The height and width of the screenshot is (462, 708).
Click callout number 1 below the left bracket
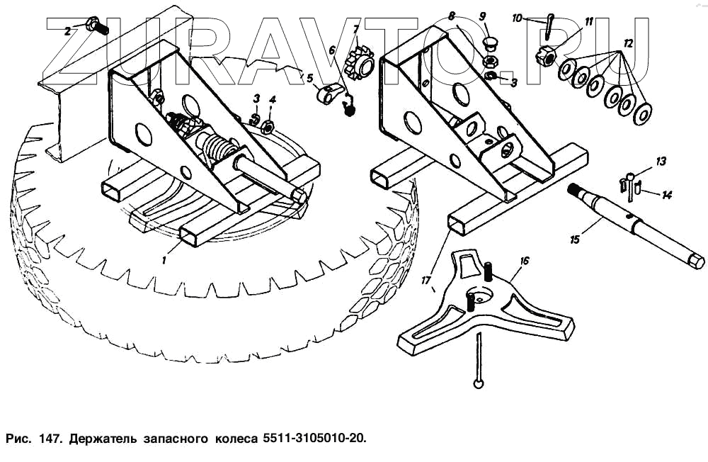click(x=164, y=259)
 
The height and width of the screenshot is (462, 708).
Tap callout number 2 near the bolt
click(x=68, y=31)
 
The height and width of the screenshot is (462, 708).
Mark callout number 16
click(x=524, y=261)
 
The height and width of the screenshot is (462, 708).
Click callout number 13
click(x=661, y=162)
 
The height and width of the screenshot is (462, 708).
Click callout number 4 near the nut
click(x=273, y=99)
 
